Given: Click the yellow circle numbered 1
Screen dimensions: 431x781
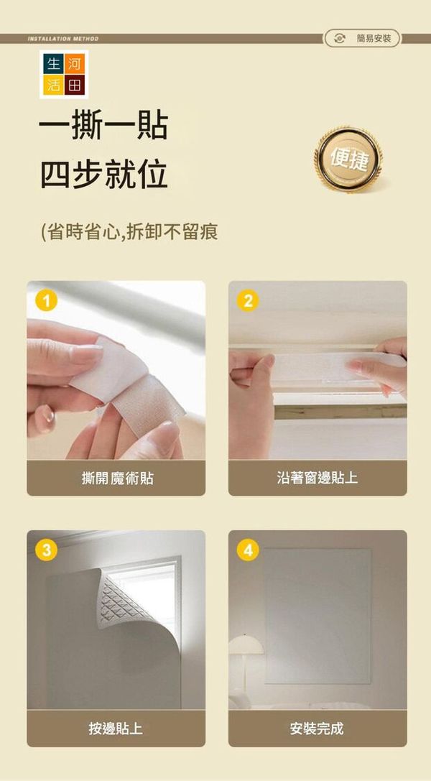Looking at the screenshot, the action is coord(46,301).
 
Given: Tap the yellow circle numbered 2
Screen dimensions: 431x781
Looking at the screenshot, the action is coord(248,301).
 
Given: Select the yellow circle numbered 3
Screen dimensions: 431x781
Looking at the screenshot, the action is coord(46,550).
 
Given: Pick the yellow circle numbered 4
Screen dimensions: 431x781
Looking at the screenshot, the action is coord(248,550).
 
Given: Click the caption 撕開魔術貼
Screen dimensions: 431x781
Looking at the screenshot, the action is coord(117,479).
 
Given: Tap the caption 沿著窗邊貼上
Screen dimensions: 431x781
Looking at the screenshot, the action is coord(317,479).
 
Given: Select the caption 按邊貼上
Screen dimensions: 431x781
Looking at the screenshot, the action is coord(116,729).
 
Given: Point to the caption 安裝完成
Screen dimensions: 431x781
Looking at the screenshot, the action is coord(317,729).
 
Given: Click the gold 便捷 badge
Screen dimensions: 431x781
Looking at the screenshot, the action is coord(348,160).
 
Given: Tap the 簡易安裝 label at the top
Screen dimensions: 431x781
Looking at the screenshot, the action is coord(374,38).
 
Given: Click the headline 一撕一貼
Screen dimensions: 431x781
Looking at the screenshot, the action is coord(103,126).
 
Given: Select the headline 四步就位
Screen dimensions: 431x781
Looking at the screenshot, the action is coord(103,175).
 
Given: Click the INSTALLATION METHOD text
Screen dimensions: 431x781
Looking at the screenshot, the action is coord(62,38).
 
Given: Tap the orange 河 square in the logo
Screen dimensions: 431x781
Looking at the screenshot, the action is coord(75,63).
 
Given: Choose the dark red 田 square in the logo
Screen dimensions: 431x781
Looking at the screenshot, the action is coord(75,86).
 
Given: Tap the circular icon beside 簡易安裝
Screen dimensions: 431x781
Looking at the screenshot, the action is coord(340,38).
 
